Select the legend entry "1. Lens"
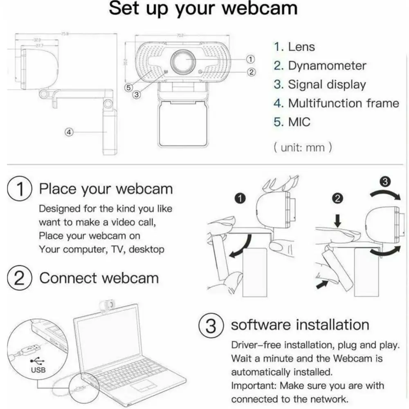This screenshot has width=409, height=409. tap(294, 47)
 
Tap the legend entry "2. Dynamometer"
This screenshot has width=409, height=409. tap(320, 65)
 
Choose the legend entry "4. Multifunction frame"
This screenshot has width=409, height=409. tap(336, 103)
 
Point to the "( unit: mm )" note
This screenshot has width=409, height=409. tap(302, 147)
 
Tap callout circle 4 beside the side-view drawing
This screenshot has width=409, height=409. tap(70, 132)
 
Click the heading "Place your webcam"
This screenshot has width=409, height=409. tap(106, 189)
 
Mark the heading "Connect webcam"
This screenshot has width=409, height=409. tap(99, 278)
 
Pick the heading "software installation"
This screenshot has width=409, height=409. tap(300, 325)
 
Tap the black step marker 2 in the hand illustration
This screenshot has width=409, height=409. tap(338, 199)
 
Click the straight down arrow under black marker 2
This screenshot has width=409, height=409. tap(338, 222)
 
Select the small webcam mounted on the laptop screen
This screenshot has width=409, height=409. tap(107, 305)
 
